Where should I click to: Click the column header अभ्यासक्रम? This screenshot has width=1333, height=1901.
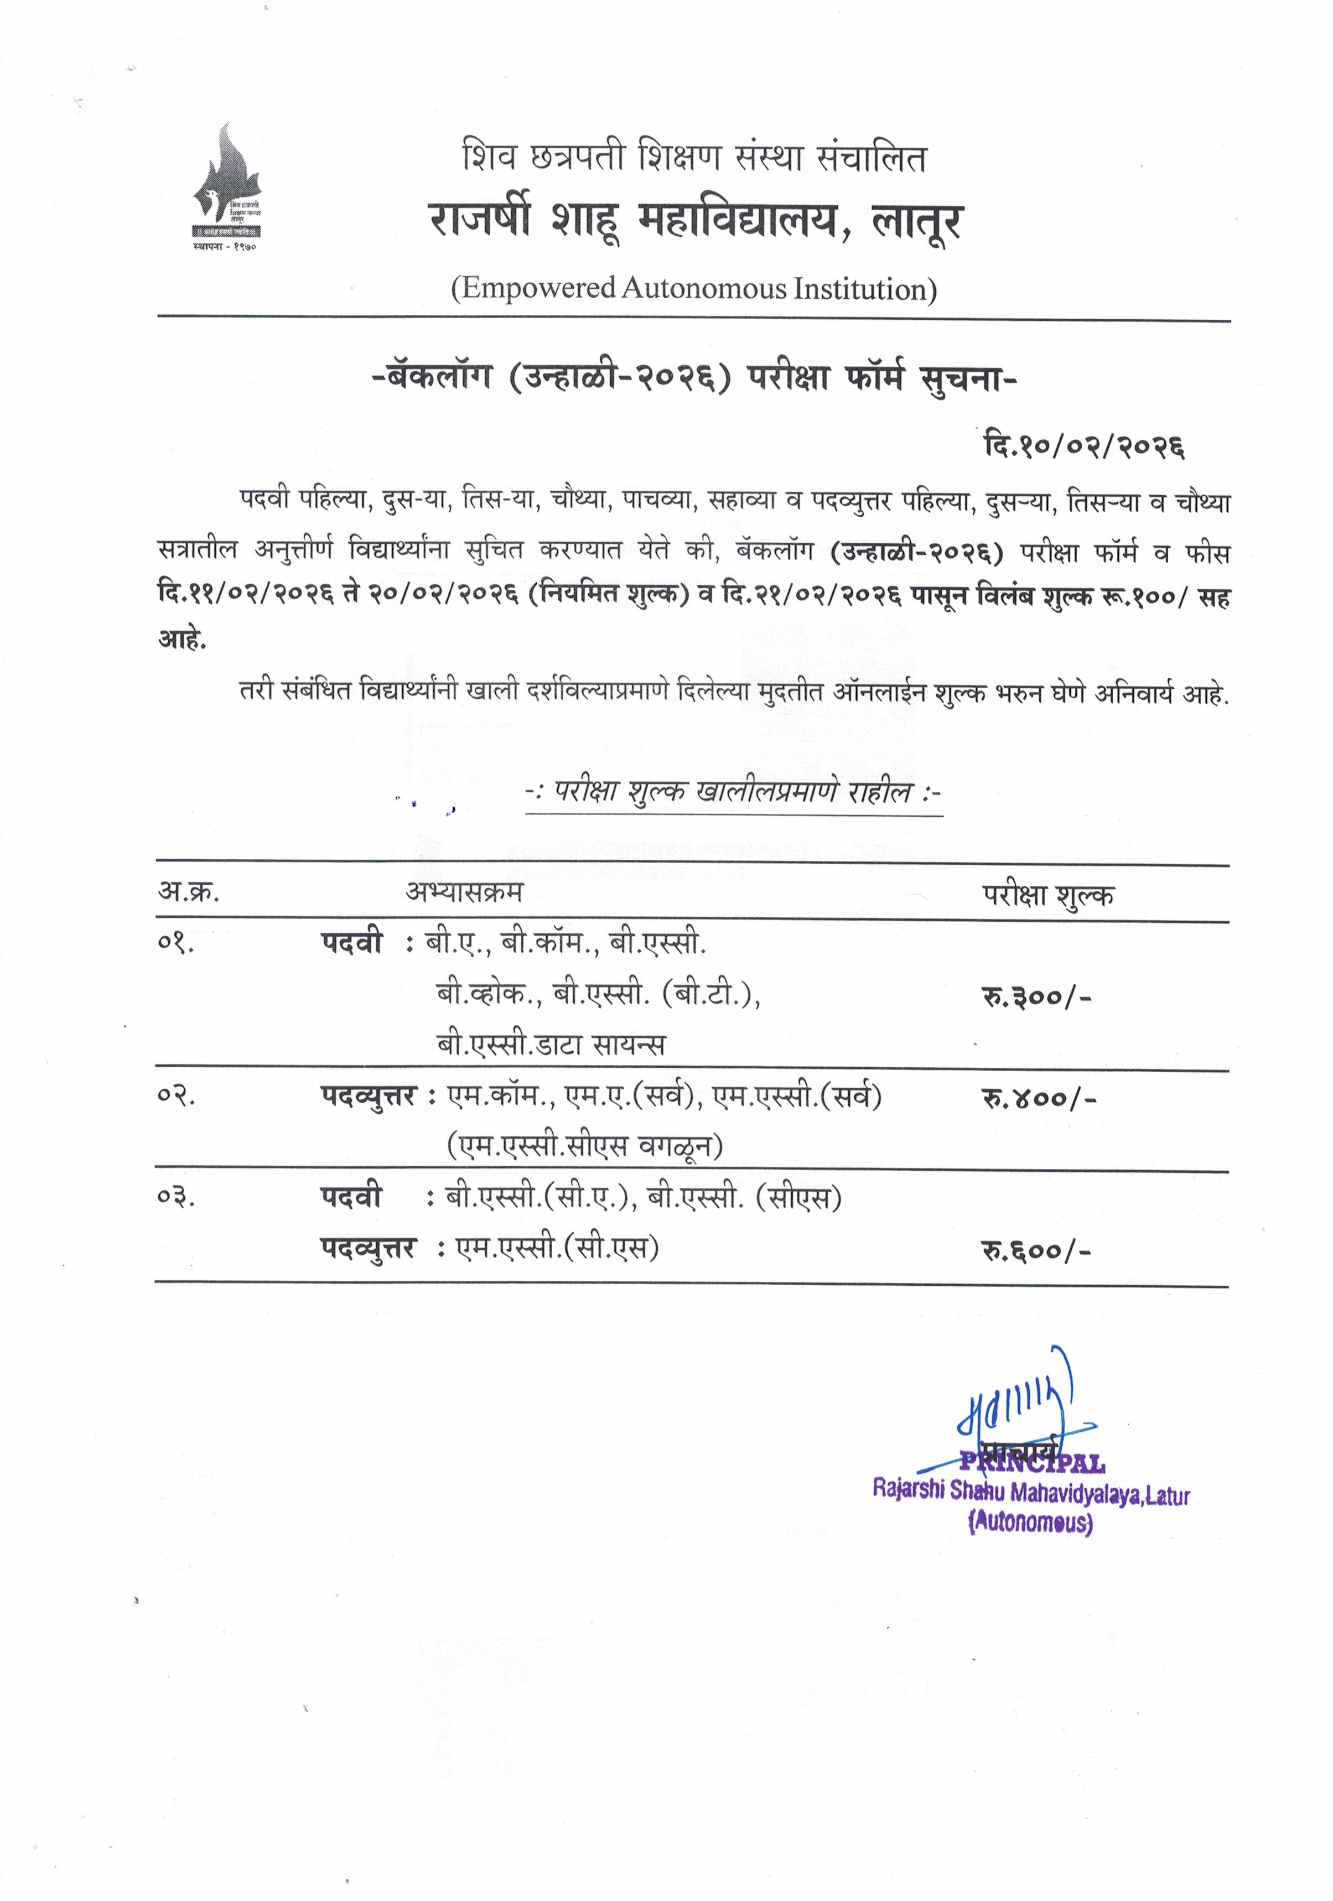pos(464,892)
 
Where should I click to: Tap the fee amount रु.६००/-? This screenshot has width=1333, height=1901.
pos(1036,1250)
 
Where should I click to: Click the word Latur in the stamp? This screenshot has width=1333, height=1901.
pos(1168,1496)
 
